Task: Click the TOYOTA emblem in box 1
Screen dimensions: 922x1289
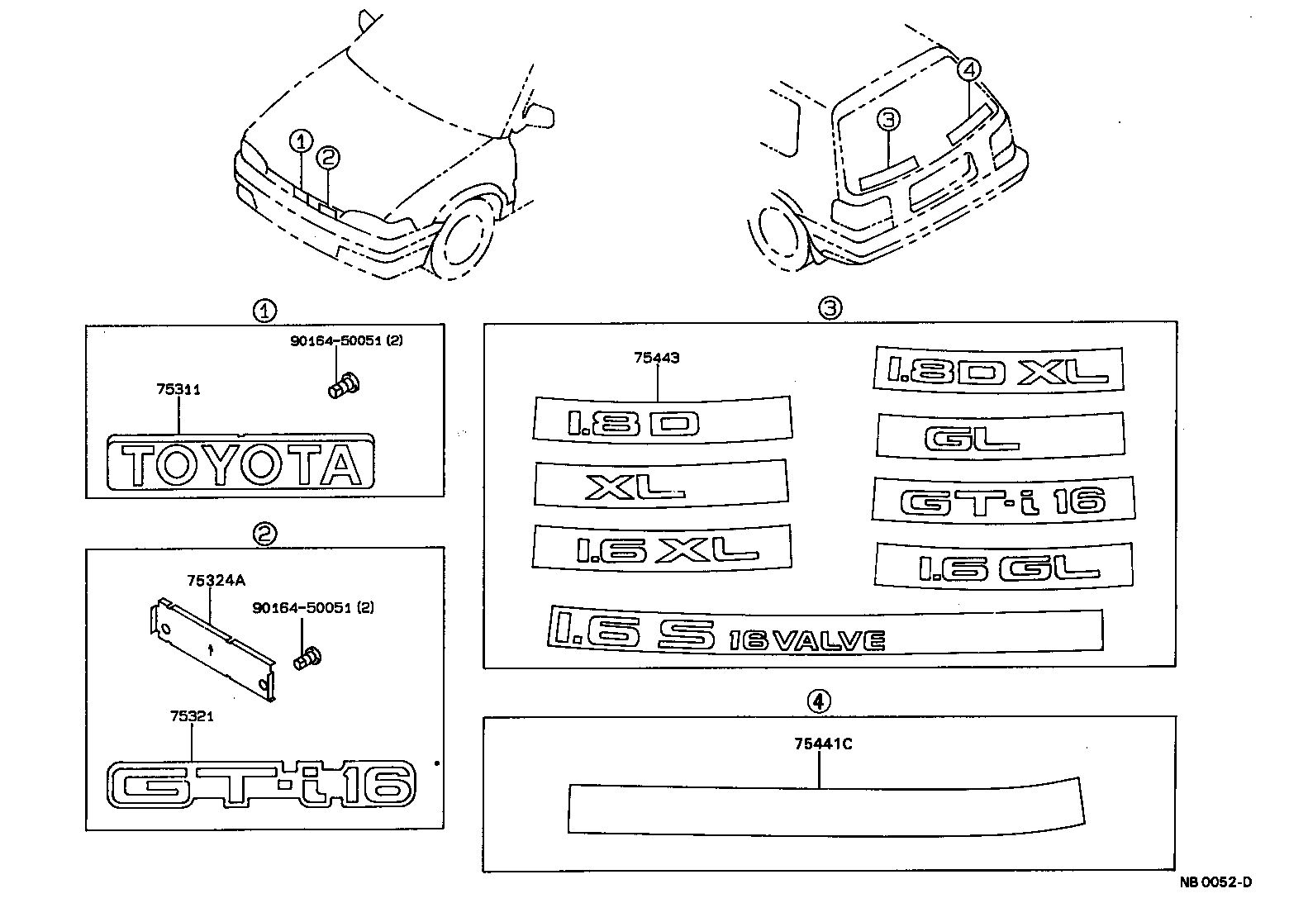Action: tap(240, 464)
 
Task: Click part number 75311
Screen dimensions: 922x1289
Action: tap(178, 388)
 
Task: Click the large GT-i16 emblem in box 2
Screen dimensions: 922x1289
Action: tap(261, 783)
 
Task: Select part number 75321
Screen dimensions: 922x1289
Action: tap(192, 716)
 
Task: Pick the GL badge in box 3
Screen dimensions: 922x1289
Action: tap(1000, 435)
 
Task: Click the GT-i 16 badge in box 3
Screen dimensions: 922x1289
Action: tap(1001, 500)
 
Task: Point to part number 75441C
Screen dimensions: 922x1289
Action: tap(822, 744)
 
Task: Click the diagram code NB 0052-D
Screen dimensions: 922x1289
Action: tap(1215, 882)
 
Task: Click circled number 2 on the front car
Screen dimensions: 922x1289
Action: tap(328, 156)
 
